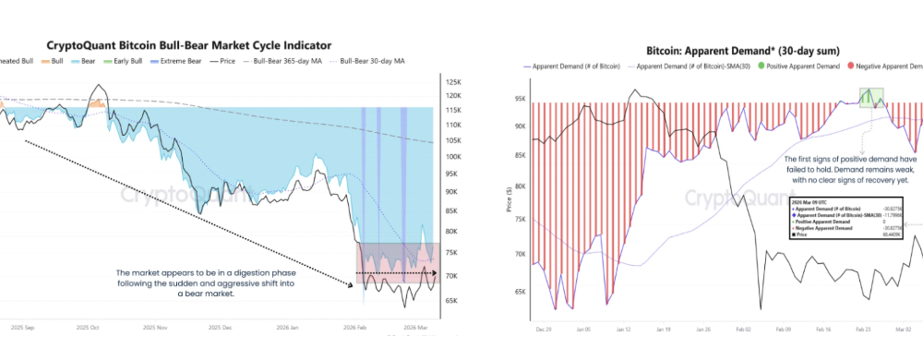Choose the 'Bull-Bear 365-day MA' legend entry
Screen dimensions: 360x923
coord(285,62)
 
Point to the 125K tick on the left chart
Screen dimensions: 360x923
coord(453,81)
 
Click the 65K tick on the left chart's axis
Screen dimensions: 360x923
coord(452,301)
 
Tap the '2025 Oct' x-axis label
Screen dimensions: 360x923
coord(88,328)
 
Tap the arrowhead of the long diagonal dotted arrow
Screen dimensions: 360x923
coord(352,286)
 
